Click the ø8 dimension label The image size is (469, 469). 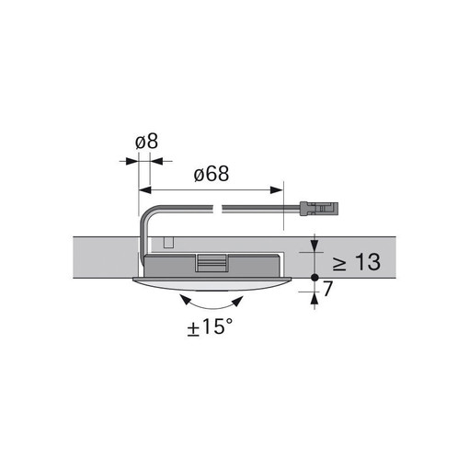pyautogui.click(x=146, y=142)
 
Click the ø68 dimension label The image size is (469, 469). pyautogui.click(x=212, y=174)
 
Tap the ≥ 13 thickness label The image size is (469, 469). pyautogui.click(x=357, y=262)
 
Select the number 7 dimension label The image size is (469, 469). pyautogui.click(x=327, y=289)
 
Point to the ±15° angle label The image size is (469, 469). pyautogui.click(x=211, y=326)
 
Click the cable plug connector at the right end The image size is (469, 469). pyautogui.click(x=319, y=209)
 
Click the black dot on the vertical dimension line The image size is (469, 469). pyautogui.click(x=315, y=278)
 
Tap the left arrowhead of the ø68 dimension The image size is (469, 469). pyautogui.click(x=145, y=190)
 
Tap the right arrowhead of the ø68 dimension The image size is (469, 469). pyautogui.click(x=276, y=190)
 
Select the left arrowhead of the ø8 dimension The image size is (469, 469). pyautogui.click(x=132, y=161)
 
